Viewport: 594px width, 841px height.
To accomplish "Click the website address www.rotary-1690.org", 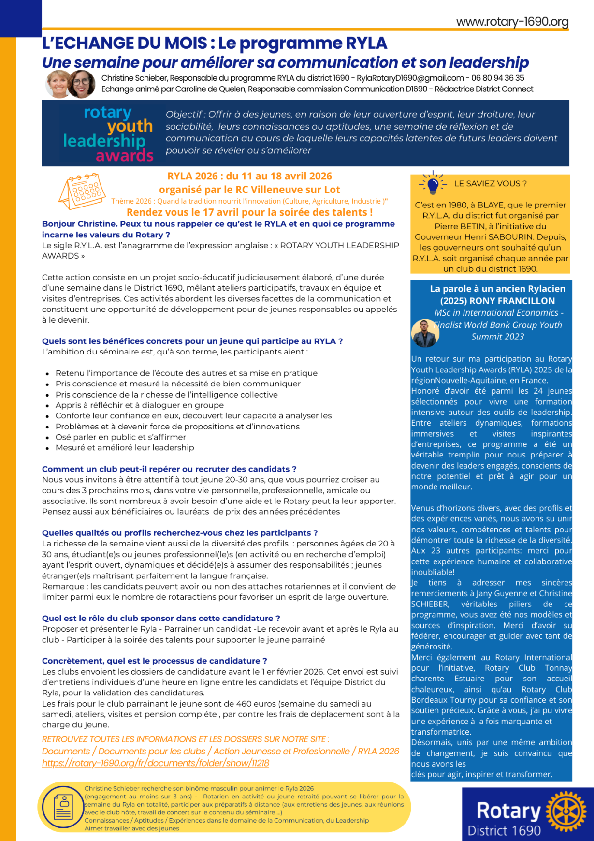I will click(512, 22).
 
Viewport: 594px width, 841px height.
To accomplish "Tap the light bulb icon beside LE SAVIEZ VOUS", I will click(433, 183).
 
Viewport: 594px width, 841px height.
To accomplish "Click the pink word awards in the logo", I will click(124, 156).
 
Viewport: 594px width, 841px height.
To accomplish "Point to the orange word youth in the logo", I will click(130, 126).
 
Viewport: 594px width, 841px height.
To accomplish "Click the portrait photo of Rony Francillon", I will click(425, 333).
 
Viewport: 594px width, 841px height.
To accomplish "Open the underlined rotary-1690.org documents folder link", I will click(156, 763).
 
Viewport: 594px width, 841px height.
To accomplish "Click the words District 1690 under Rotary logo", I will click(504, 830).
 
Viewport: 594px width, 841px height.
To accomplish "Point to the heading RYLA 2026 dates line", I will click(249, 176).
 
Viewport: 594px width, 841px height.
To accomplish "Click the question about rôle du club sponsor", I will click(161, 618).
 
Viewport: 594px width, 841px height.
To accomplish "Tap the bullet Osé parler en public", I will click(120, 437).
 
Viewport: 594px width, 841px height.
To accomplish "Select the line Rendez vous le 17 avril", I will click(249, 212).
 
